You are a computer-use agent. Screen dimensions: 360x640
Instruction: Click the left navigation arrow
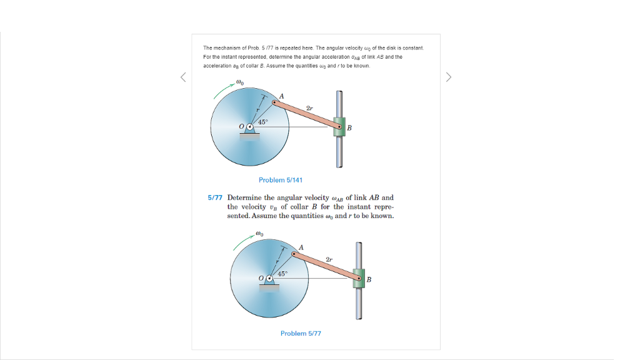tap(183, 77)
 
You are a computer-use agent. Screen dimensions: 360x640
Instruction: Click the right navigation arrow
tap(448, 77)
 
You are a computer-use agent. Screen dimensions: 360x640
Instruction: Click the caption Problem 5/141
tap(281, 180)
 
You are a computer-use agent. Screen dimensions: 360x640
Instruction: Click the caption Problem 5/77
tap(301, 333)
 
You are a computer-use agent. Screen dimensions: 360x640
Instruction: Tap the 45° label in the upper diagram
tap(262, 122)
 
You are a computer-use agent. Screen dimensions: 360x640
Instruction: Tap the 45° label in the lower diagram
tap(282, 274)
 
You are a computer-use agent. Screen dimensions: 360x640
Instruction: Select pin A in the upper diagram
tap(274, 102)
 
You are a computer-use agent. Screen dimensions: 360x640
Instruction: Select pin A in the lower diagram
tap(294, 254)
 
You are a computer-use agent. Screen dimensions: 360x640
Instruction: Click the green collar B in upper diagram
tap(339, 127)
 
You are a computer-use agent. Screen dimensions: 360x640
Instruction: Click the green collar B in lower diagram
tap(359, 278)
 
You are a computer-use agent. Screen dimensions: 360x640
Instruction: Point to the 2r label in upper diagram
tap(309, 108)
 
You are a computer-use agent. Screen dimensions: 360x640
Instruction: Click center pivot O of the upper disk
tap(249, 127)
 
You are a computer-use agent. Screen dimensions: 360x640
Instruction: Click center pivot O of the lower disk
tap(269, 279)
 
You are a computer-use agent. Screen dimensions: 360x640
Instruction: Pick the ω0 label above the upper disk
tap(241, 82)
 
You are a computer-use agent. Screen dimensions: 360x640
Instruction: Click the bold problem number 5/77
tap(215, 197)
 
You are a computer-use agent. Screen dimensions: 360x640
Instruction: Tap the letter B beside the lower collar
tap(369, 279)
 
